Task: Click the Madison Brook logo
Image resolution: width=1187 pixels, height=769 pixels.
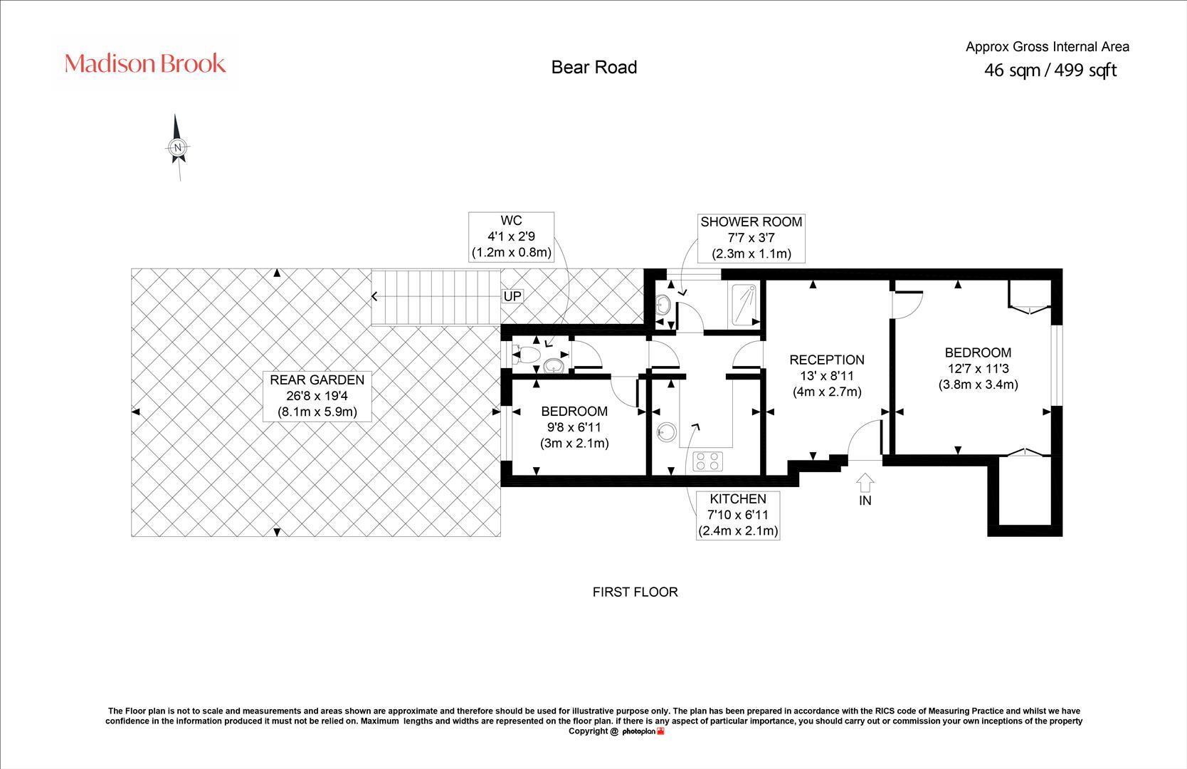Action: pos(145,63)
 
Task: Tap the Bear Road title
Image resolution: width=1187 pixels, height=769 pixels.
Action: pos(593,68)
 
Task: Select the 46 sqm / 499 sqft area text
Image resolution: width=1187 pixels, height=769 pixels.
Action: pos(1050,70)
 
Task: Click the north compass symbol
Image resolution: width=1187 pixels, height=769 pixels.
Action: pos(178,147)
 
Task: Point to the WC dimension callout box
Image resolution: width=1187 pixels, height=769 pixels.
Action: pos(511,236)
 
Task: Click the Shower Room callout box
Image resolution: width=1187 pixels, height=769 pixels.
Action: pos(751,237)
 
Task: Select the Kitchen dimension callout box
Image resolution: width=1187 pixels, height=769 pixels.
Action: pos(737,515)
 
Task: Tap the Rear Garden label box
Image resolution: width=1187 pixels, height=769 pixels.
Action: pos(317,396)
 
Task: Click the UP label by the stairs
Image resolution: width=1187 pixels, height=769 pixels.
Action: pos(512,296)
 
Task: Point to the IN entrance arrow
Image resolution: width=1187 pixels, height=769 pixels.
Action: pos(865,485)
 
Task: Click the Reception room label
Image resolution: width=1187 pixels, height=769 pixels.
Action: pos(826,375)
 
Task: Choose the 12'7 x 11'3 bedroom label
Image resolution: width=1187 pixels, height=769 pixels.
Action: pos(978,368)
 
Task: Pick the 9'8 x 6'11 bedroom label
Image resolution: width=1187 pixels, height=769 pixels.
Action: pos(574,427)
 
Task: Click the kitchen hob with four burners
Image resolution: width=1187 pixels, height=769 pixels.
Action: pos(707,461)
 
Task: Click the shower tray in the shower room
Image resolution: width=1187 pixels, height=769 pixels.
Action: pos(744,305)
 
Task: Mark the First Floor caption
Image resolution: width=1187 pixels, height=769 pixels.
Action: pos(635,592)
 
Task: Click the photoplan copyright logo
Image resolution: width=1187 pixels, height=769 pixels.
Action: pos(643,731)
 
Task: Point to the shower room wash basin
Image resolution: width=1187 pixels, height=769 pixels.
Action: pos(663,305)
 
